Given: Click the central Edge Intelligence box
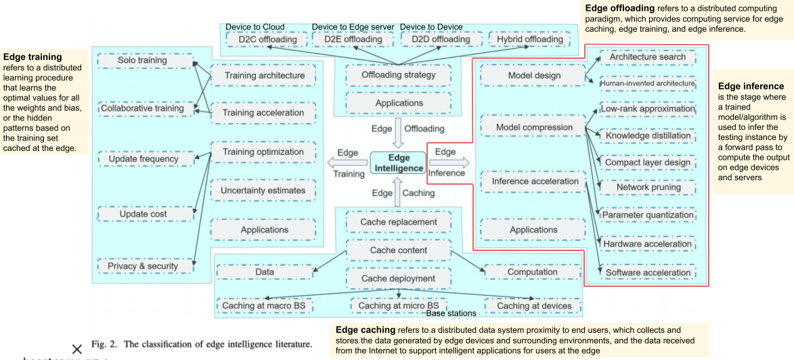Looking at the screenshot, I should click(399, 162).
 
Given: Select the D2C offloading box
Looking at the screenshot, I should click(268, 39).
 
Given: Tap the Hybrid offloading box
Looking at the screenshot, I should click(529, 39).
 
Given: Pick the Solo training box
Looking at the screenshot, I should click(142, 60).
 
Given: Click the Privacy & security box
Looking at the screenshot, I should click(143, 266).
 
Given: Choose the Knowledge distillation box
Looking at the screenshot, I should click(648, 135).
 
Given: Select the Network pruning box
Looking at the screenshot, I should click(648, 187).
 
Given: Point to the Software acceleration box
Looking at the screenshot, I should click(648, 273).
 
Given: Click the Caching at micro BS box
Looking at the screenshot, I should click(399, 306).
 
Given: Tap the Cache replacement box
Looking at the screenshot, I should click(399, 222).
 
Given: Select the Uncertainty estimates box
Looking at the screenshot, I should click(263, 190).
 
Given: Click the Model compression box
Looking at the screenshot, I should click(534, 127).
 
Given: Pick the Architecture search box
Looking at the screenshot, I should click(648, 57).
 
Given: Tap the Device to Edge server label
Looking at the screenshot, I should click(353, 27).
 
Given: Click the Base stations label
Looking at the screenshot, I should click(451, 313).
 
